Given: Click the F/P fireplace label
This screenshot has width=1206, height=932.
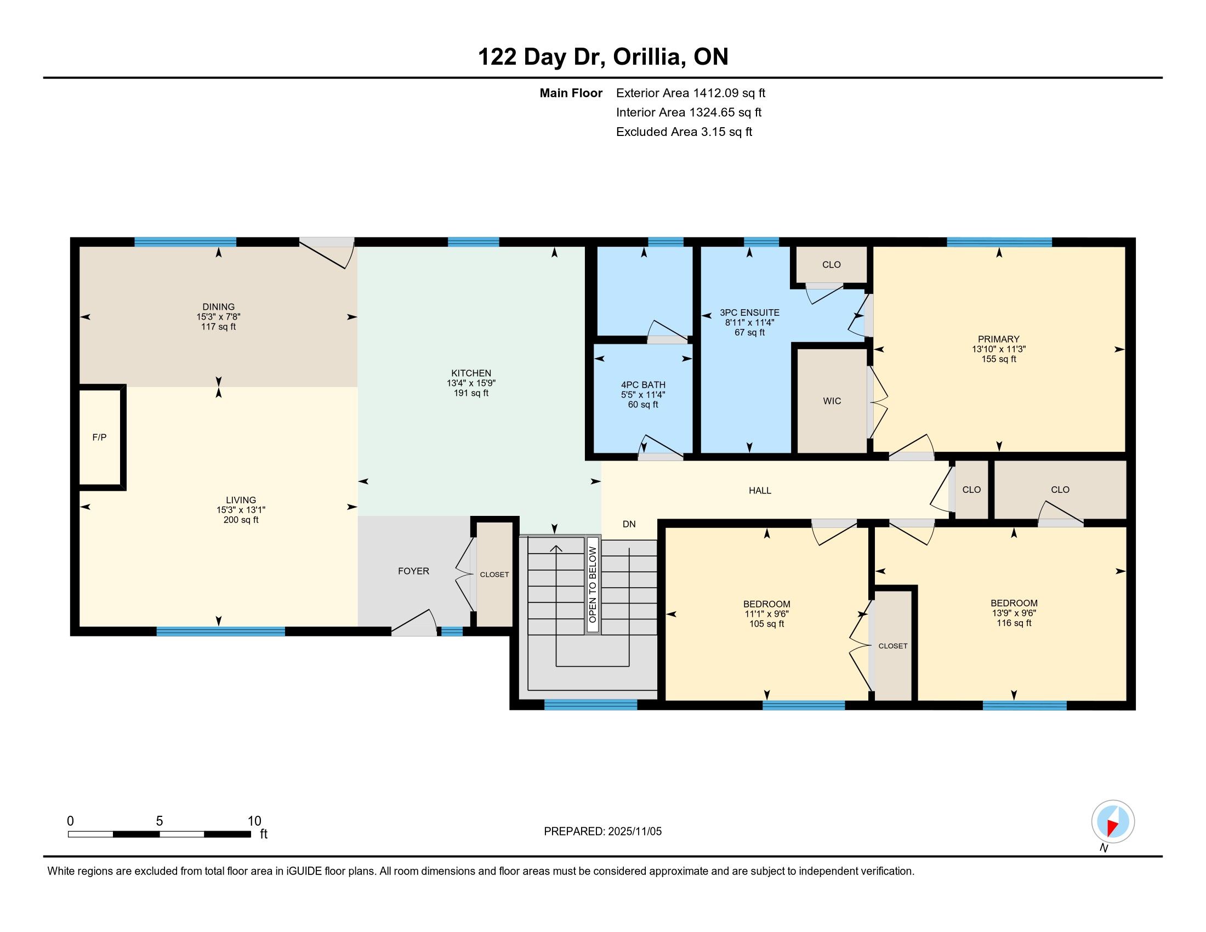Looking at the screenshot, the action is pyautogui.click(x=99, y=437).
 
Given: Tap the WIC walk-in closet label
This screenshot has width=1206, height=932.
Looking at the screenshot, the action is pyautogui.click(x=832, y=401).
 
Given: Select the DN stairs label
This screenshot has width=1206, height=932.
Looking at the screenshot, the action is pyautogui.click(x=629, y=524).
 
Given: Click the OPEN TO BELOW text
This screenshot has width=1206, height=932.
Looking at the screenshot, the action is pyautogui.click(x=593, y=584).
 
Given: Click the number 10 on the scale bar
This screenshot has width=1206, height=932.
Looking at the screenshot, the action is pyautogui.click(x=254, y=821).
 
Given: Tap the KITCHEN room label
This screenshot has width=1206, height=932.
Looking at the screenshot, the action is pyautogui.click(x=471, y=373).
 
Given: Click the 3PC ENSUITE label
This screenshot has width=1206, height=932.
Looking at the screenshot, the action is pyautogui.click(x=749, y=312).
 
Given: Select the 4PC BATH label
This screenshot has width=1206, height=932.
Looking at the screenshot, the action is pyautogui.click(x=644, y=385).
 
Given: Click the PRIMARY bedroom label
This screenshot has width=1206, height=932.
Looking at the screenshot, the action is pyautogui.click(x=998, y=339).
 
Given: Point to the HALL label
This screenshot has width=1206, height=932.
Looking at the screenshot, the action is pyautogui.click(x=760, y=490).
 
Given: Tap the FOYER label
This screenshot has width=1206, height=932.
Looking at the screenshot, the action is pyautogui.click(x=413, y=571).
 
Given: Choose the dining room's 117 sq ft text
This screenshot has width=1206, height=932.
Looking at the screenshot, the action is pyautogui.click(x=218, y=326).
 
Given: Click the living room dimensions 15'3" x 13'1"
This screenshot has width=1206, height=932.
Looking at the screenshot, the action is pyautogui.click(x=241, y=510).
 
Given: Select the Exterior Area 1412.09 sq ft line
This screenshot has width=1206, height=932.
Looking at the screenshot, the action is pyautogui.click(x=691, y=93).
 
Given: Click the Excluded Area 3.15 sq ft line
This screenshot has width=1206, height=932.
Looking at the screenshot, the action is pyautogui.click(x=684, y=132).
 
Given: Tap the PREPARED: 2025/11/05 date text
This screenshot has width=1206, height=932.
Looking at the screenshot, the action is pyautogui.click(x=602, y=831).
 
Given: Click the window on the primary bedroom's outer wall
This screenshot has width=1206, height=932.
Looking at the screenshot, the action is pyautogui.click(x=999, y=242).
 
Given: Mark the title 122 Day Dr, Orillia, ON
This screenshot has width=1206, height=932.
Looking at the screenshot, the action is pyautogui.click(x=603, y=56).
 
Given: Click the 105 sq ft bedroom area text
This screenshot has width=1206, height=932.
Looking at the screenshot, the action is pyautogui.click(x=766, y=624).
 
